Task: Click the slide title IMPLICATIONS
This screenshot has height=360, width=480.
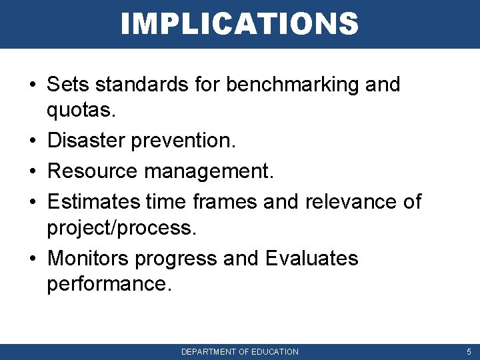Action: [239, 24]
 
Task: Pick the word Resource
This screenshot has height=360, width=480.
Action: [93, 171]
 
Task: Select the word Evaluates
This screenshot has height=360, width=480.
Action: [311, 258]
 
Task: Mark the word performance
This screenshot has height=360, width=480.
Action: [109, 285]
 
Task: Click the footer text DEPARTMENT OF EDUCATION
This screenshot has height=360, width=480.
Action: [240, 351]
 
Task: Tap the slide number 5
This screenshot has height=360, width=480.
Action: [469, 351]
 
